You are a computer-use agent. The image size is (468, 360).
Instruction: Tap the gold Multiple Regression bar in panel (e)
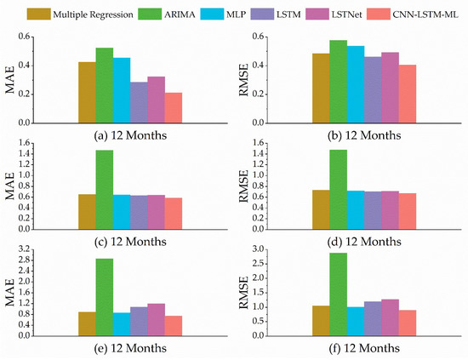coord(87,323)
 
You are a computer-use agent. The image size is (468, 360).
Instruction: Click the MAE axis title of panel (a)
coord(14,80)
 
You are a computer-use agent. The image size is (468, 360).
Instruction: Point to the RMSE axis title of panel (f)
coord(249,292)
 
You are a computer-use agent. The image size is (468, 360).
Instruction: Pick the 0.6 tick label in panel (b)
coord(265,37)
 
